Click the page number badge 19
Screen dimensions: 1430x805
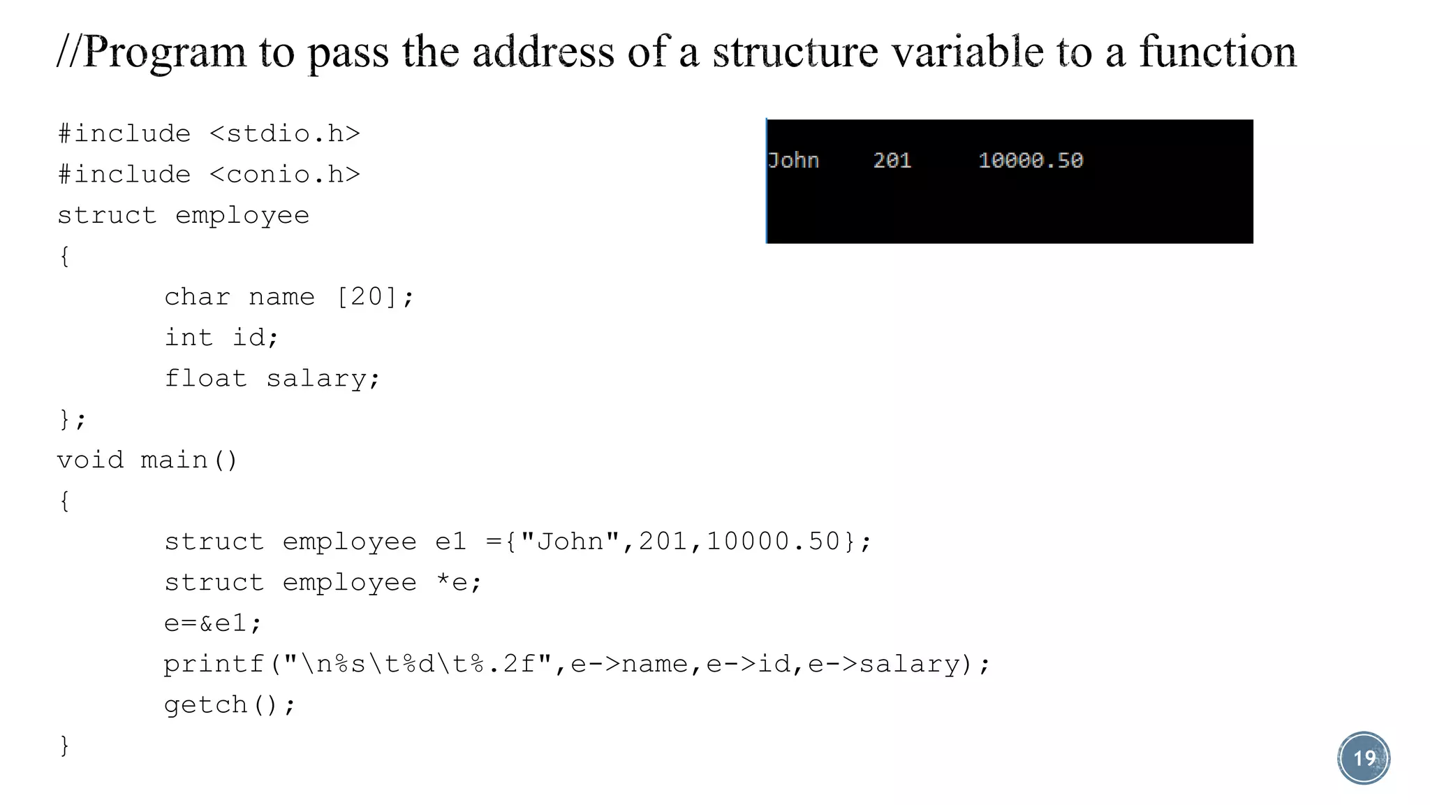pyautogui.click(x=1364, y=758)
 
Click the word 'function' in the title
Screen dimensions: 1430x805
pyautogui.click(x=1218, y=52)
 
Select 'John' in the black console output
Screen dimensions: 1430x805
pyautogui.click(x=793, y=161)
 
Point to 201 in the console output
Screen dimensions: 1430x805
pyautogui.click(x=892, y=161)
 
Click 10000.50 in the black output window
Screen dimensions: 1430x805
pyautogui.click(x=1031, y=161)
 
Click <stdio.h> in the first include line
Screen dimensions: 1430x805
pyautogui.click(x=285, y=133)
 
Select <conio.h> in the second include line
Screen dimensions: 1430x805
pyautogui.click(x=285, y=174)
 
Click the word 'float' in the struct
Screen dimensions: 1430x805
pyautogui.click(x=206, y=379)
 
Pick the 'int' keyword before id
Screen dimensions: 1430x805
pyautogui.click(x=189, y=338)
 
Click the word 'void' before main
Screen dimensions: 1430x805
pyautogui.click(x=91, y=460)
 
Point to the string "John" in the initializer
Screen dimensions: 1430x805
pyautogui.click(x=570, y=542)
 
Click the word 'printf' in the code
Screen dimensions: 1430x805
pyautogui.click(x=214, y=664)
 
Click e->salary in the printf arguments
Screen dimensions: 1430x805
pyautogui.click(x=884, y=664)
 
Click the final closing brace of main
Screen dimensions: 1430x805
pyautogui.click(x=64, y=746)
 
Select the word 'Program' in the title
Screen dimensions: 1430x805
pyautogui.click(x=165, y=53)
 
